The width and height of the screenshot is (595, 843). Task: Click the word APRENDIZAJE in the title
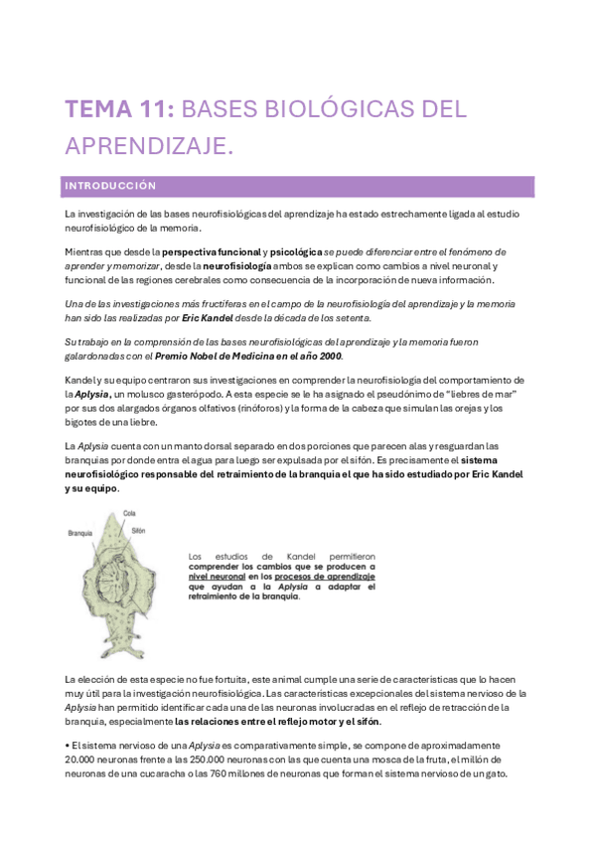149,146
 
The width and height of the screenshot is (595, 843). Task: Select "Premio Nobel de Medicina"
239,355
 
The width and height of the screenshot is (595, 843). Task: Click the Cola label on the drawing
129,513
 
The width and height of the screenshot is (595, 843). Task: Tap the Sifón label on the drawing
139,531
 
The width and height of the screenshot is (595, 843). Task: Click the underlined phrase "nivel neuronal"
218,577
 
